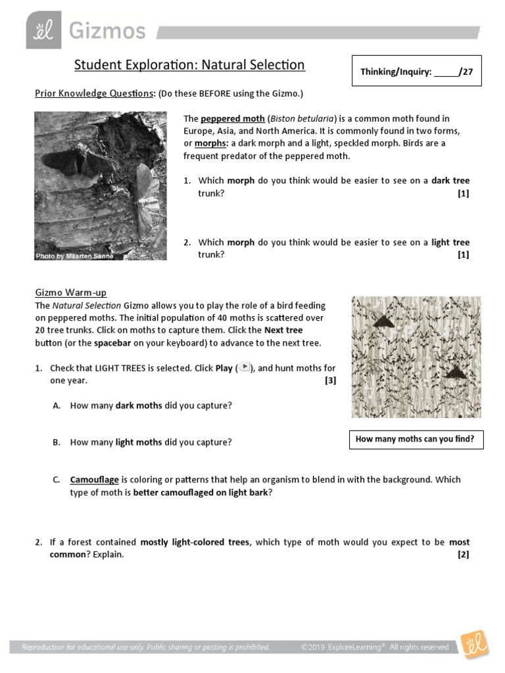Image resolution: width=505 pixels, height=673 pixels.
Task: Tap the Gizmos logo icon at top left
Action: pos(43,30)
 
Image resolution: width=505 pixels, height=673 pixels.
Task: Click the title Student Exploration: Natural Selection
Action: pos(189,65)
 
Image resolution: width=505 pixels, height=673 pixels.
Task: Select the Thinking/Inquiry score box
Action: pos(416,72)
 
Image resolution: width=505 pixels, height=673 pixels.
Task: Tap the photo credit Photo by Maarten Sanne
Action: pos(74,256)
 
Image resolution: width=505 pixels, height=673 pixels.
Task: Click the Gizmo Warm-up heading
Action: pos(70,292)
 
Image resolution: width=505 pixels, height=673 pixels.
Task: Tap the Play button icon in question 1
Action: pos(245,367)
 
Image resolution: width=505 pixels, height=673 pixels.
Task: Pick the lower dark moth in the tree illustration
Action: pos(454,373)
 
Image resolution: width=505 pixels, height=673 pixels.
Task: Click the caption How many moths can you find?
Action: pos(415,439)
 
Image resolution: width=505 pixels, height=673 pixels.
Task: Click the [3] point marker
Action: pos(330,381)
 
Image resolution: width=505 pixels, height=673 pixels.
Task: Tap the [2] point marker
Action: pos(464,555)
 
